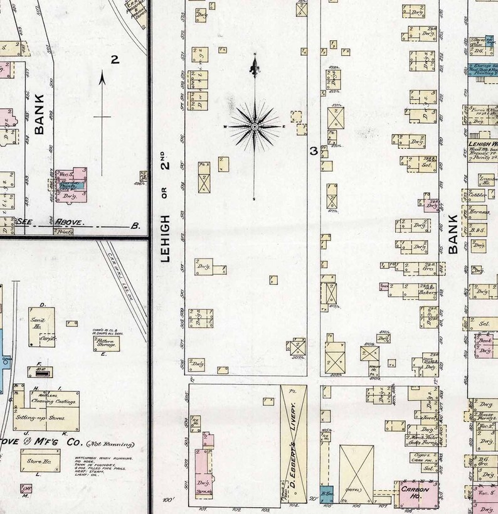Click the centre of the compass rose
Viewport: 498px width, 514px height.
click(x=255, y=127)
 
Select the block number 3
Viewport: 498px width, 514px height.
click(x=313, y=151)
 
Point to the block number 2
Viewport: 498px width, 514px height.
click(x=115, y=60)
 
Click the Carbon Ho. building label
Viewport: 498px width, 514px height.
click(x=415, y=490)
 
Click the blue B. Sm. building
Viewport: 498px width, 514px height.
click(x=327, y=493)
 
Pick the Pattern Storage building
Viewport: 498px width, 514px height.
click(x=106, y=343)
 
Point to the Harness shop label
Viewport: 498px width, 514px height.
click(x=480, y=212)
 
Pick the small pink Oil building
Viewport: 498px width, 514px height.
click(x=26, y=488)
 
